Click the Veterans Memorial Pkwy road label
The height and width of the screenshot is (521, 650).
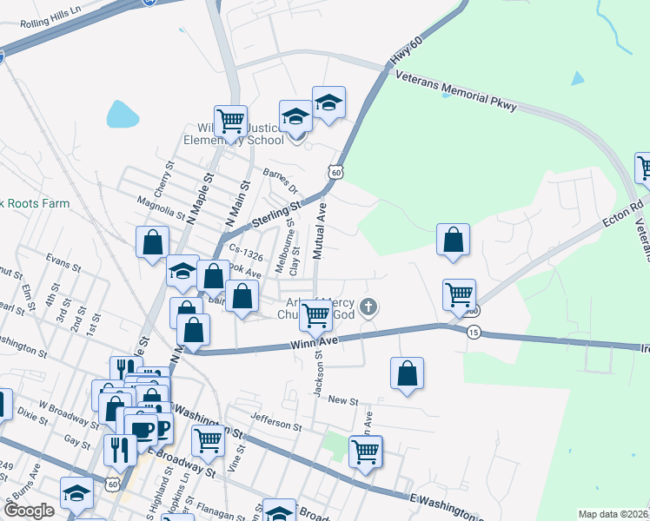[x=455, y=90]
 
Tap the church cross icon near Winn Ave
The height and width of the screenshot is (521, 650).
[x=369, y=307]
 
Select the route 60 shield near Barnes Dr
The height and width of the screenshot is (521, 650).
[x=335, y=173]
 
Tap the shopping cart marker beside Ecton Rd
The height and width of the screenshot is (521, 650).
[x=458, y=293]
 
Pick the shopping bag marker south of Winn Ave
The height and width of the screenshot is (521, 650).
[x=407, y=373]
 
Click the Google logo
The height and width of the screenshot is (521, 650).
[x=29, y=511]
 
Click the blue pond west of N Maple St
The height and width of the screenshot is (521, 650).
[x=121, y=114]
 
